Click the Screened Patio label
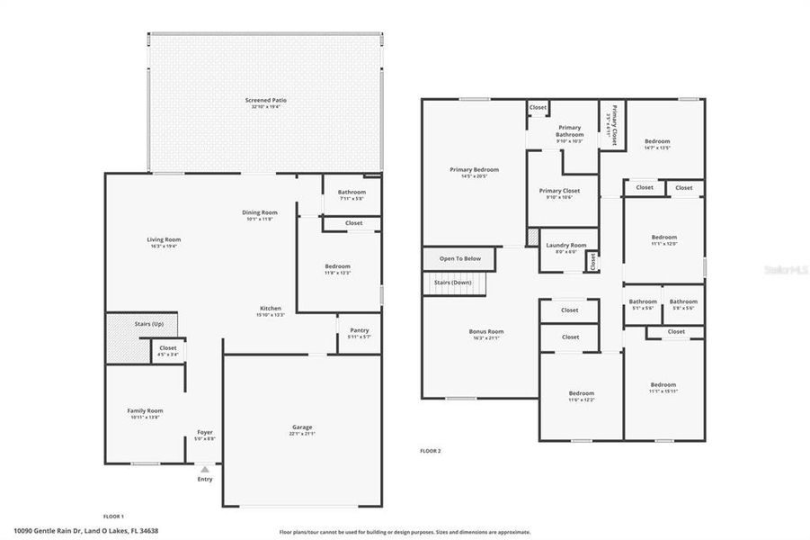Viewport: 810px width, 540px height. tap(267, 99)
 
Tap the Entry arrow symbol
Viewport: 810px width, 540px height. tap(205, 469)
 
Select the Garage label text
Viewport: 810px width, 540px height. tap(302, 427)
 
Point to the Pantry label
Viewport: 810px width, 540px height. tap(358, 330)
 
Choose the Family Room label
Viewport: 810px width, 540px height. tap(145, 410)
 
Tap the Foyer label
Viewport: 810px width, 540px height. tap(205, 432)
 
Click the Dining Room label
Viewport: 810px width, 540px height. tap(259, 212)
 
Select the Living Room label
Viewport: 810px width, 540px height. tap(165, 239)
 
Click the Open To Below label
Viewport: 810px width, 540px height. tap(459, 258)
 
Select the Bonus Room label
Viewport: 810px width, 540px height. tap(486, 331)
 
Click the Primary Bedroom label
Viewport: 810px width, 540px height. tap(474, 169)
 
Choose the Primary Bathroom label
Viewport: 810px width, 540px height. tap(570, 131)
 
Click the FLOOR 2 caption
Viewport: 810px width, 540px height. tap(431, 450)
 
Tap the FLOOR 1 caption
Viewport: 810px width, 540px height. tap(113, 516)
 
